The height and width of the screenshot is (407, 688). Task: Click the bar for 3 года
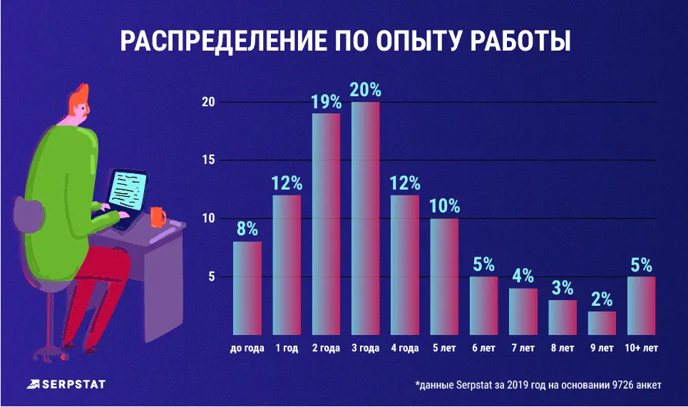365,218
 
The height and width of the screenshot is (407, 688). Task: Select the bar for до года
247,288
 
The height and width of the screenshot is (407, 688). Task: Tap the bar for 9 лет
602,323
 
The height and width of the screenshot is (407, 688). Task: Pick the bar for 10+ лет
641,306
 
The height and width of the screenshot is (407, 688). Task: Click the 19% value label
326,102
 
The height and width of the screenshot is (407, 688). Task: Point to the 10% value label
444,207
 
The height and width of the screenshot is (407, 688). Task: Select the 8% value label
247,230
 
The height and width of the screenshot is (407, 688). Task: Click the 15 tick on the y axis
208,160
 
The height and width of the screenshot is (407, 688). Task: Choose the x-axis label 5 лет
443,349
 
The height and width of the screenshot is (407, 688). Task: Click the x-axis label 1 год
286,349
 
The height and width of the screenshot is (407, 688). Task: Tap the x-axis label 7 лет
523,349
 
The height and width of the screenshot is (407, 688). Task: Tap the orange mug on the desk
157,216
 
